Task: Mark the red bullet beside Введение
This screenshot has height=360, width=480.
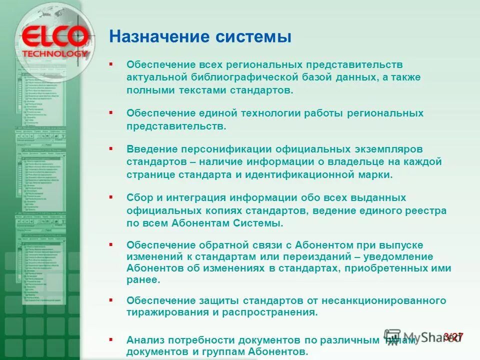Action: [111, 148]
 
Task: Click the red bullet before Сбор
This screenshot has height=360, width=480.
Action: [111, 197]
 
